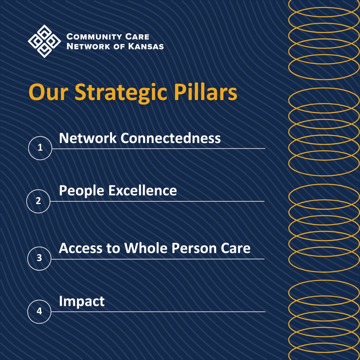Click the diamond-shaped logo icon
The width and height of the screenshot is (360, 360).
[x=44, y=41]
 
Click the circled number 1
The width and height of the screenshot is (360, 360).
[x=40, y=148]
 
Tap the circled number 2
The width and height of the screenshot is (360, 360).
[x=38, y=201]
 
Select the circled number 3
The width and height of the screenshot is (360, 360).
[x=39, y=258]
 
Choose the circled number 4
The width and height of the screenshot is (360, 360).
[x=39, y=311]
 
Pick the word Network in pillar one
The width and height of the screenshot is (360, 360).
[x=88, y=138]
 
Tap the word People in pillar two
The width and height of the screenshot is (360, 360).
[x=81, y=191]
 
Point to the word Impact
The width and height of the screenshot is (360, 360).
[x=82, y=302]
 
